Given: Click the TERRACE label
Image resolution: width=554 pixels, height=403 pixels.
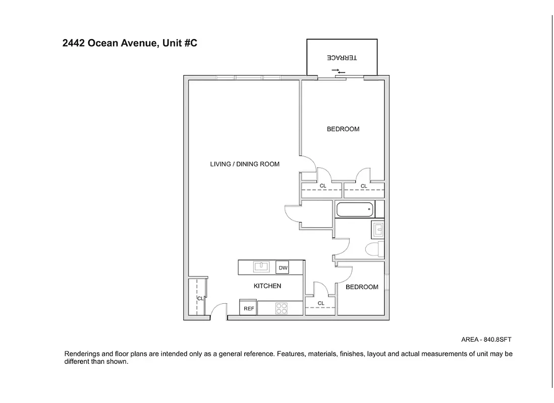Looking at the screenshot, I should tap(342, 58).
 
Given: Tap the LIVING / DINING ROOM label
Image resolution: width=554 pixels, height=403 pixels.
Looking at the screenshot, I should tap(245, 164).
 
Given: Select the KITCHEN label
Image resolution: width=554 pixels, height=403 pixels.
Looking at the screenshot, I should tap(267, 286).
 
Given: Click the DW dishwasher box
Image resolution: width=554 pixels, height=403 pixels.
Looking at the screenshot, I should tap(283, 268).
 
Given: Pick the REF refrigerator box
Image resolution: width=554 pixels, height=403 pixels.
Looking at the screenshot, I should tap(249, 308).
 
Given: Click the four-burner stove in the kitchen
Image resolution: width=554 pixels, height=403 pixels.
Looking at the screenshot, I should tap(281, 308).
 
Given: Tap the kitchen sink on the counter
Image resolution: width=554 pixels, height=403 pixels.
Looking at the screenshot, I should tap(260, 266).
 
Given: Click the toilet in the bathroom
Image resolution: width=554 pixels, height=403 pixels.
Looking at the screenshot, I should tap(374, 249).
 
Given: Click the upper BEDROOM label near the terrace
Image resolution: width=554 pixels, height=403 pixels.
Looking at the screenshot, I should tap(343, 129).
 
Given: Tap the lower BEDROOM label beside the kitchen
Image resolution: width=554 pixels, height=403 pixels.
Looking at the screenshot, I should tap(362, 287).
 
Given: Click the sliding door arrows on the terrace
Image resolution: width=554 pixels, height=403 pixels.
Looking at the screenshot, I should tap(339, 72).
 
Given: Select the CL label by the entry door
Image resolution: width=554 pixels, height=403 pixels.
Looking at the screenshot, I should tap(200, 299).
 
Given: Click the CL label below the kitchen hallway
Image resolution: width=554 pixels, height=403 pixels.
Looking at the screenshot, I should tap(321, 303).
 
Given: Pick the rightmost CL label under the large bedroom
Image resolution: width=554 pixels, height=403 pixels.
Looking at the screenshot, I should tap(364, 186).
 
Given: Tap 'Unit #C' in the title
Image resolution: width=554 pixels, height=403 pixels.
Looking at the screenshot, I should tap(180, 43).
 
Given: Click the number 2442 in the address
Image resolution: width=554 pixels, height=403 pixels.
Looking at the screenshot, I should tap(74, 43).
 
